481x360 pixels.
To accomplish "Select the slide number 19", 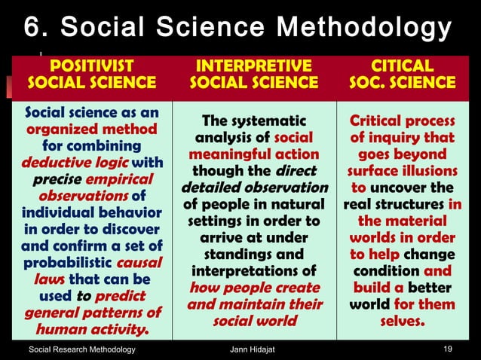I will [x=449, y=349].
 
